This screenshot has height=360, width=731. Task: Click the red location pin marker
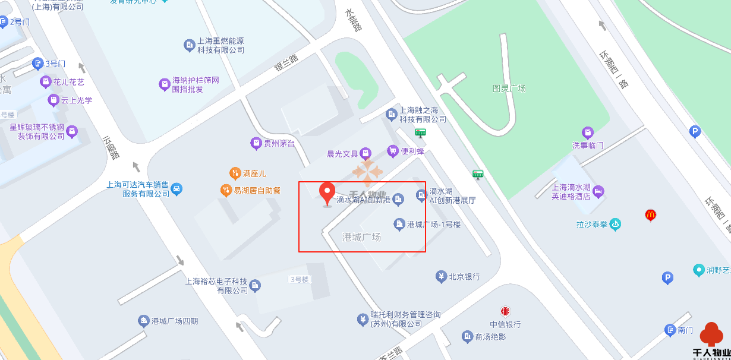click(327, 194)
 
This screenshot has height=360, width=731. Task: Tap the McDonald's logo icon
click(650, 215)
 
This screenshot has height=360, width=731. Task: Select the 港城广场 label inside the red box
click(361, 237)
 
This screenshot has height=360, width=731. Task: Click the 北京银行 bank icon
click(441, 276)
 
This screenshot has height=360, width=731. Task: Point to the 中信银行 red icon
click(505, 311)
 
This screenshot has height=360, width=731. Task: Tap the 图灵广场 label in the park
click(509, 89)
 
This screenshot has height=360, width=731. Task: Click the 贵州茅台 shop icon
click(256, 143)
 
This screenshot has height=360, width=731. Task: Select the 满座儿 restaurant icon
click(235, 173)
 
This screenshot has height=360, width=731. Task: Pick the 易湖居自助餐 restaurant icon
click(225, 191)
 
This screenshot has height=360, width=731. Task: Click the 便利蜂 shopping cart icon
click(392, 151)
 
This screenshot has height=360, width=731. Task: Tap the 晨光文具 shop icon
click(366, 153)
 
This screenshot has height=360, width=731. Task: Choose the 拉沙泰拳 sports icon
click(615, 225)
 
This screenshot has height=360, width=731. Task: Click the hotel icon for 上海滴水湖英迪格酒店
click(598, 191)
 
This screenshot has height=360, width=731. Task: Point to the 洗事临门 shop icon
click(588, 132)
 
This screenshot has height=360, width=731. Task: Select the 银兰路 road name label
click(286, 63)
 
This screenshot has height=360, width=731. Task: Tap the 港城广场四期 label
click(175, 321)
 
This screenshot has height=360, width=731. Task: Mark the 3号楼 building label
click(300, 279)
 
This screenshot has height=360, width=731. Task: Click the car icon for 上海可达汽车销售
click(177, 190)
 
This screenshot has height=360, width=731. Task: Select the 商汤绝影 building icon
click(467, 337)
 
